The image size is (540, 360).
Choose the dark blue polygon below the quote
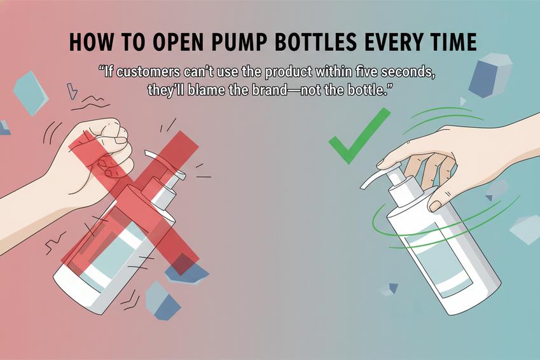(489, 73)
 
